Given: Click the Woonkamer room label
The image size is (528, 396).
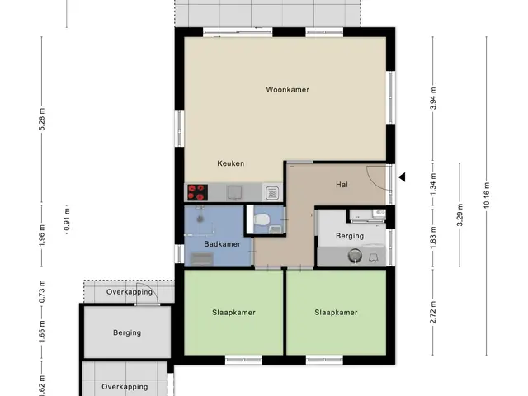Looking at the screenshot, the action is [x=287, y=90].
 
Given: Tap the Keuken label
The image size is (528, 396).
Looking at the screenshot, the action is [x=231, y=163].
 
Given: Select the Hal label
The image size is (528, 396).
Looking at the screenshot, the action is [x=342, y=185].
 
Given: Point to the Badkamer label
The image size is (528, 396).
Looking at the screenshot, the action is [x=222, y=244].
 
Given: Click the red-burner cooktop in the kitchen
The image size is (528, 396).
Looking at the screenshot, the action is [x=197, y=192].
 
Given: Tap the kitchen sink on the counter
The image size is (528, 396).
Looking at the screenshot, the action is [x=234, y=192].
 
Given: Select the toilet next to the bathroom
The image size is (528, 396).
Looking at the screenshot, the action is [x=262, y=220].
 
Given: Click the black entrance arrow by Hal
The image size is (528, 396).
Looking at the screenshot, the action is [x=402, y=177].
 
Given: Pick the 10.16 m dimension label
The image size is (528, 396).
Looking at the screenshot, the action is [x=487, y=196].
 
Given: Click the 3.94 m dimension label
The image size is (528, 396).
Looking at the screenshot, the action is [x=433, y=99].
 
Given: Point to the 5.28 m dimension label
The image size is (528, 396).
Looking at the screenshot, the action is [x=42, y=119].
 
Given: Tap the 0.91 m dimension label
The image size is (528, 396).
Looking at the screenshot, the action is [x=67, y=219].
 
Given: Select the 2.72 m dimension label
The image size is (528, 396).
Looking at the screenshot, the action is [x=433, y=313].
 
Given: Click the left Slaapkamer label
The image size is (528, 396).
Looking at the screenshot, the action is [x=233, y=313].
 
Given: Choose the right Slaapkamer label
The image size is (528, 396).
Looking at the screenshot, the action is [x=336, y=313].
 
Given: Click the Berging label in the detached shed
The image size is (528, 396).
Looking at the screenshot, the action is [x=127, y=332].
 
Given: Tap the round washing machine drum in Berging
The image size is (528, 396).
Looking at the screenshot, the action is [x=355, y=256].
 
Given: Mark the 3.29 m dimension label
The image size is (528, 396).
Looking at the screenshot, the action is [x=460, y=214].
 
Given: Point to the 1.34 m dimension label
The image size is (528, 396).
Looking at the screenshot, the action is [x=433, y=183].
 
